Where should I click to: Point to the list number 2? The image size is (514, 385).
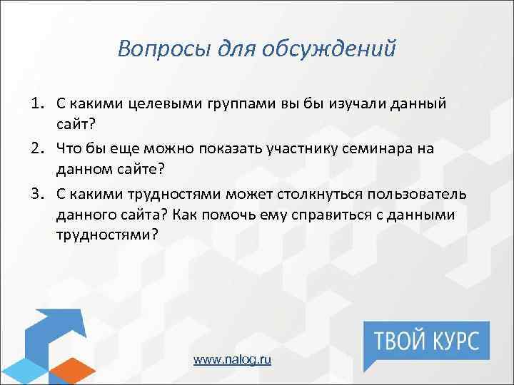[x=37, y=147]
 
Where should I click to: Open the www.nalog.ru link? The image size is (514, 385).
[x=233, y=360]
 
